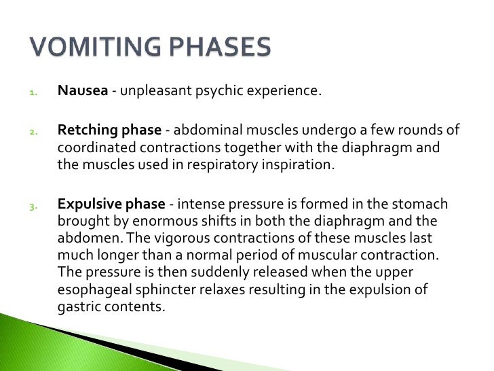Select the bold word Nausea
point(83,92)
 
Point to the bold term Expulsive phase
point(112,204)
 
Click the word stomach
point(426,204)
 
